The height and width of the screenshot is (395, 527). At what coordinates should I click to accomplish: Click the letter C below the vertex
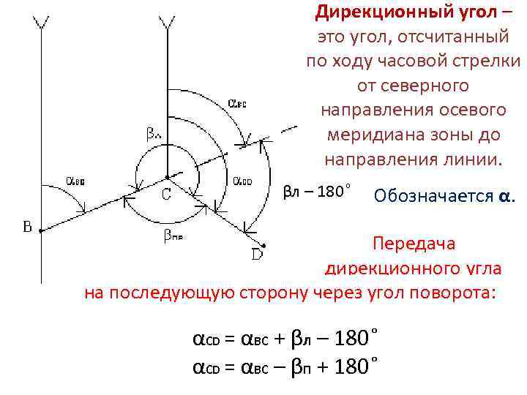(167, 195)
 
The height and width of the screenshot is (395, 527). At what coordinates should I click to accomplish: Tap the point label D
(258, 255)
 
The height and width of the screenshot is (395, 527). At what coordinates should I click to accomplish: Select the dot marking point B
(41, 230)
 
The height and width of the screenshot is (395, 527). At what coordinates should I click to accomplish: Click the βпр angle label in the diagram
(173, 236)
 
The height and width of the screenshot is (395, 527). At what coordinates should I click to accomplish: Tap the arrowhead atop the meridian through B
(42, 23)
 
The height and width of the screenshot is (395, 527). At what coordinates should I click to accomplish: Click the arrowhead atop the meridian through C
(168, 23)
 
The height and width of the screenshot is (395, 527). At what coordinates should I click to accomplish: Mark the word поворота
(453, 292)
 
